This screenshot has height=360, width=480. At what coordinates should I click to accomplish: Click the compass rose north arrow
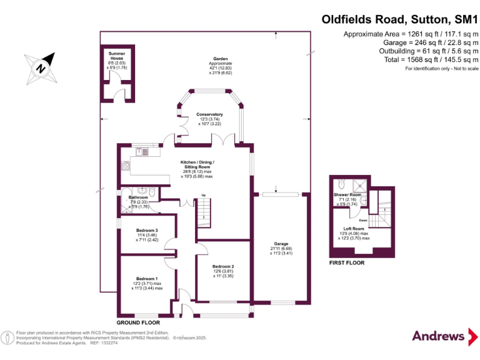[x=41, y=68]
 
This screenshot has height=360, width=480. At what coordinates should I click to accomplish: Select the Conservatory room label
[x=209, y=114]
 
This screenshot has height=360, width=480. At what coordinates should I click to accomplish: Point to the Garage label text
[x=280, y=244]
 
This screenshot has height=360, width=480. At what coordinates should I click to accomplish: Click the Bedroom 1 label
[x=147, y=277]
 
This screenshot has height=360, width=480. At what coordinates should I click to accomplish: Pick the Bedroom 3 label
[x=147, y=230]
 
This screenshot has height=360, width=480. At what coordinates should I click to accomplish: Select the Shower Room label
[x=347, y=195]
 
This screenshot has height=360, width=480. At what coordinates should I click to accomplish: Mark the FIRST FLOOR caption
[x=347, y=263]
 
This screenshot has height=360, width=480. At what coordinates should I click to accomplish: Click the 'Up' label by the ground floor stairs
[x=203, y=196]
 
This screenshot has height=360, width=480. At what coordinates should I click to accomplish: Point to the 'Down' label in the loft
[x=363, y=220]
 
